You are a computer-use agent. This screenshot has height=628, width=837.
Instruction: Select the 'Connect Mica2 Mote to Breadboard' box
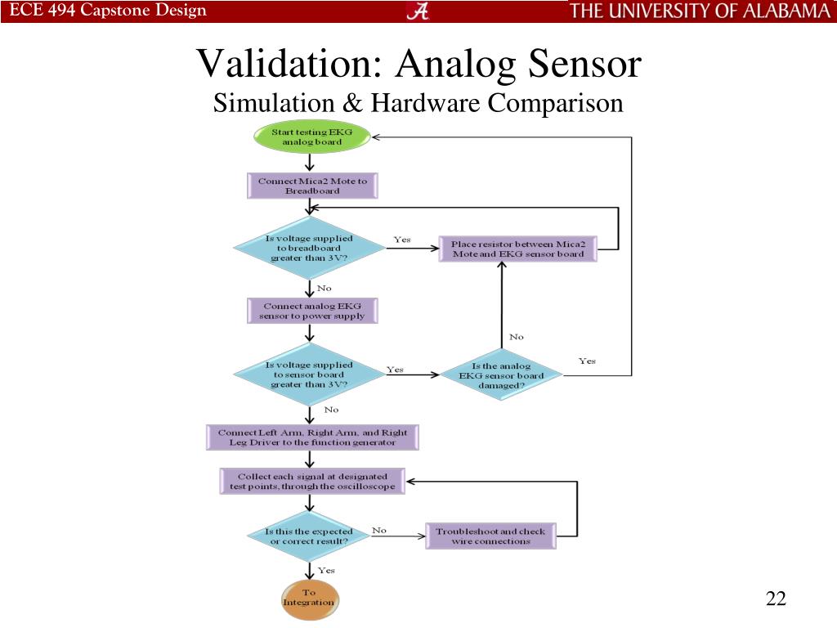click(x=311, y=186)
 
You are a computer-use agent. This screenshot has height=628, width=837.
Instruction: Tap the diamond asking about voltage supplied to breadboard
click(x=309, y=248)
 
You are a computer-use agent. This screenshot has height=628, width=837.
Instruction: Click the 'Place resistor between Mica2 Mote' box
click(x=517, y=249)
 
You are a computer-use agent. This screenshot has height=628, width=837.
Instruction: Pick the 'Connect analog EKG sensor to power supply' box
click(x=311, y=311)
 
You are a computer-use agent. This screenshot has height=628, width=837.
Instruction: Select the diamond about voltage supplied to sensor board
click(x=309, y=374)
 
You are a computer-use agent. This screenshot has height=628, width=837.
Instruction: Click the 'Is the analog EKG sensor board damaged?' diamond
click(x=501, y=375)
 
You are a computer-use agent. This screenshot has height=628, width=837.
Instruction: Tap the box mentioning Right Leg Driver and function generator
click(x=311, y=437)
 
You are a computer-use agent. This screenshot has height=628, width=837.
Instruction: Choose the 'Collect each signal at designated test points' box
click(x=311, y=481)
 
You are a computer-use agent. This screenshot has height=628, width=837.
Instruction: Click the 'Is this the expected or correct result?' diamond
click(x=309, y=536)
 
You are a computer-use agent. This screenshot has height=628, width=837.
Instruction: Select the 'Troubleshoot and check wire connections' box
click(x=490, y=536)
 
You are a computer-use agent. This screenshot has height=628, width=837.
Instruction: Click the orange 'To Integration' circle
click(x=309, y=598)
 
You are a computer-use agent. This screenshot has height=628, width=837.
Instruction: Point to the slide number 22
click(x=776, y=599)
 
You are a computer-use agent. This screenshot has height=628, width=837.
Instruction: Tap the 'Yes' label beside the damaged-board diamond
click(x=587, y=361)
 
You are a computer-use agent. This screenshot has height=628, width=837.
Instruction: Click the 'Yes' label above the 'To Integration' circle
click(x=326, y=570)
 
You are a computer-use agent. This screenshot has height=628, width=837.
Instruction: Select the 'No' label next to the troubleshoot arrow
click(x=379, y=530)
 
